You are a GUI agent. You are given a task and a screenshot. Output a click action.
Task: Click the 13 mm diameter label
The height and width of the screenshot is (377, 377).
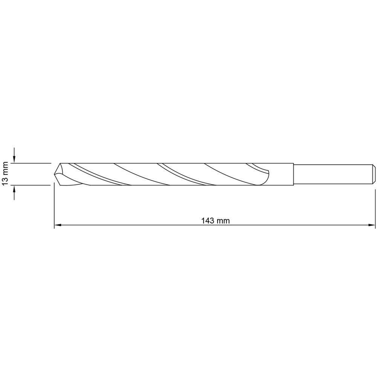(x=5, y=173)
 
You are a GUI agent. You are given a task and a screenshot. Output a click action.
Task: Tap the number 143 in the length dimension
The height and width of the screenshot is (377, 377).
(x=208, y=221)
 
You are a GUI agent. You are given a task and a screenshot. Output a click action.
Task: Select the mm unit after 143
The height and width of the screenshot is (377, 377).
(x=223, y=221)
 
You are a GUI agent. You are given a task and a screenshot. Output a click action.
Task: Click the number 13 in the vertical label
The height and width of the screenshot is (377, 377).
(x=5, y=181)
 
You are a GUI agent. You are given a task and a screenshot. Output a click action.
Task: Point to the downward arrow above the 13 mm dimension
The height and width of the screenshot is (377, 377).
(x=14, y=155)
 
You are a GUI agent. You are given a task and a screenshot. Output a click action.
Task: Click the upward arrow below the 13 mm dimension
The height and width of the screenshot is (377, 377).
(x=14, y=193)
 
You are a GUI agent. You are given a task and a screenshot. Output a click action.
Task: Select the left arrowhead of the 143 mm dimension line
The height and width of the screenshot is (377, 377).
(x=58, y=225)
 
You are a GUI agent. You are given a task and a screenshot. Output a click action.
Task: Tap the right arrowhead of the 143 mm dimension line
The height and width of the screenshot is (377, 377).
(x=372, y=225)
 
